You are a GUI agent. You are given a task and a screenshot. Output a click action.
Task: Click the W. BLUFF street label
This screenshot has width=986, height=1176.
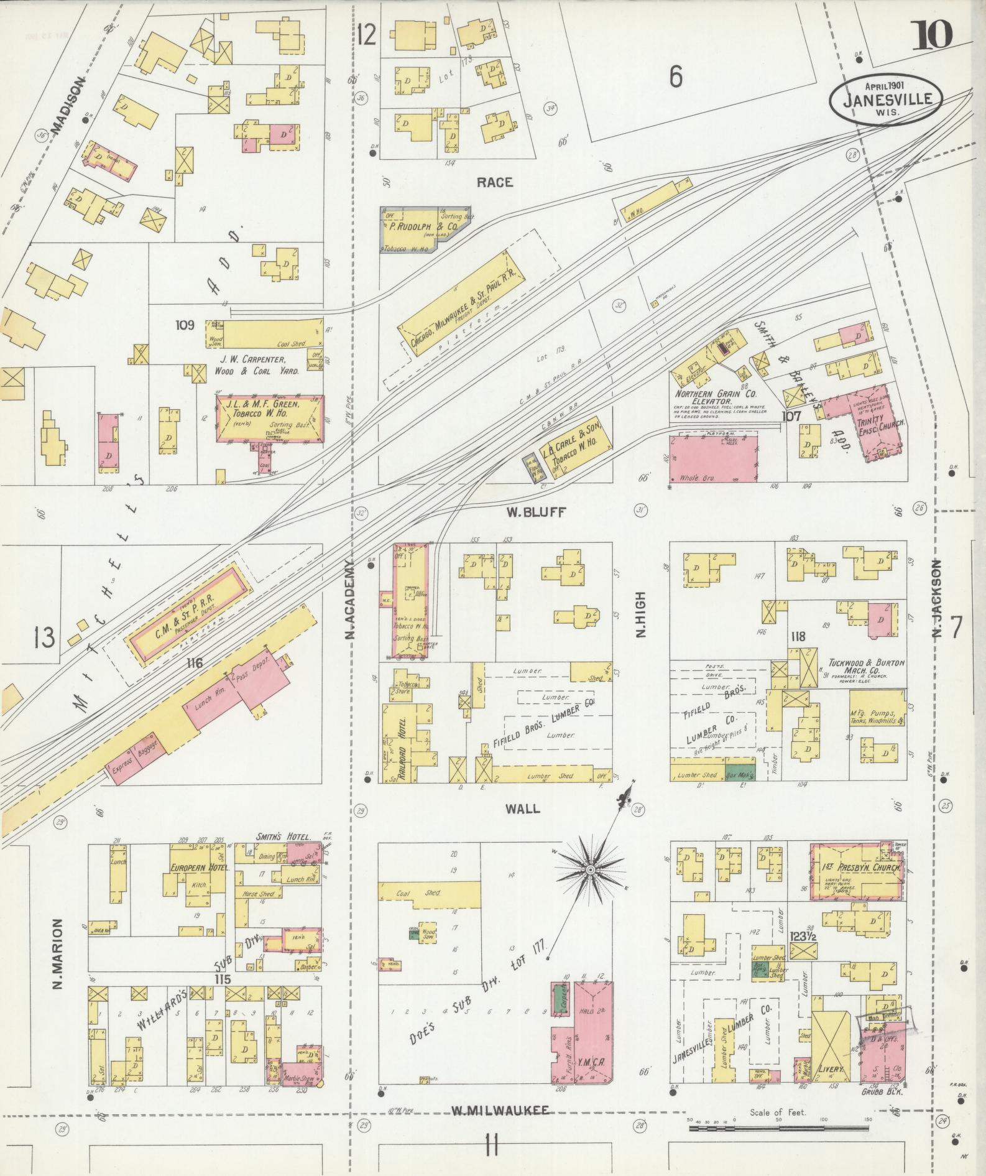(x=528, y=512)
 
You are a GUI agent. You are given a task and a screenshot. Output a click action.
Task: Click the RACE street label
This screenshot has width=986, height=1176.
(x=495, y=182)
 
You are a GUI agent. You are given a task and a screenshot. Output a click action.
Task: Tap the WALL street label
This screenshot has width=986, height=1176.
(x=522, y=808)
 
